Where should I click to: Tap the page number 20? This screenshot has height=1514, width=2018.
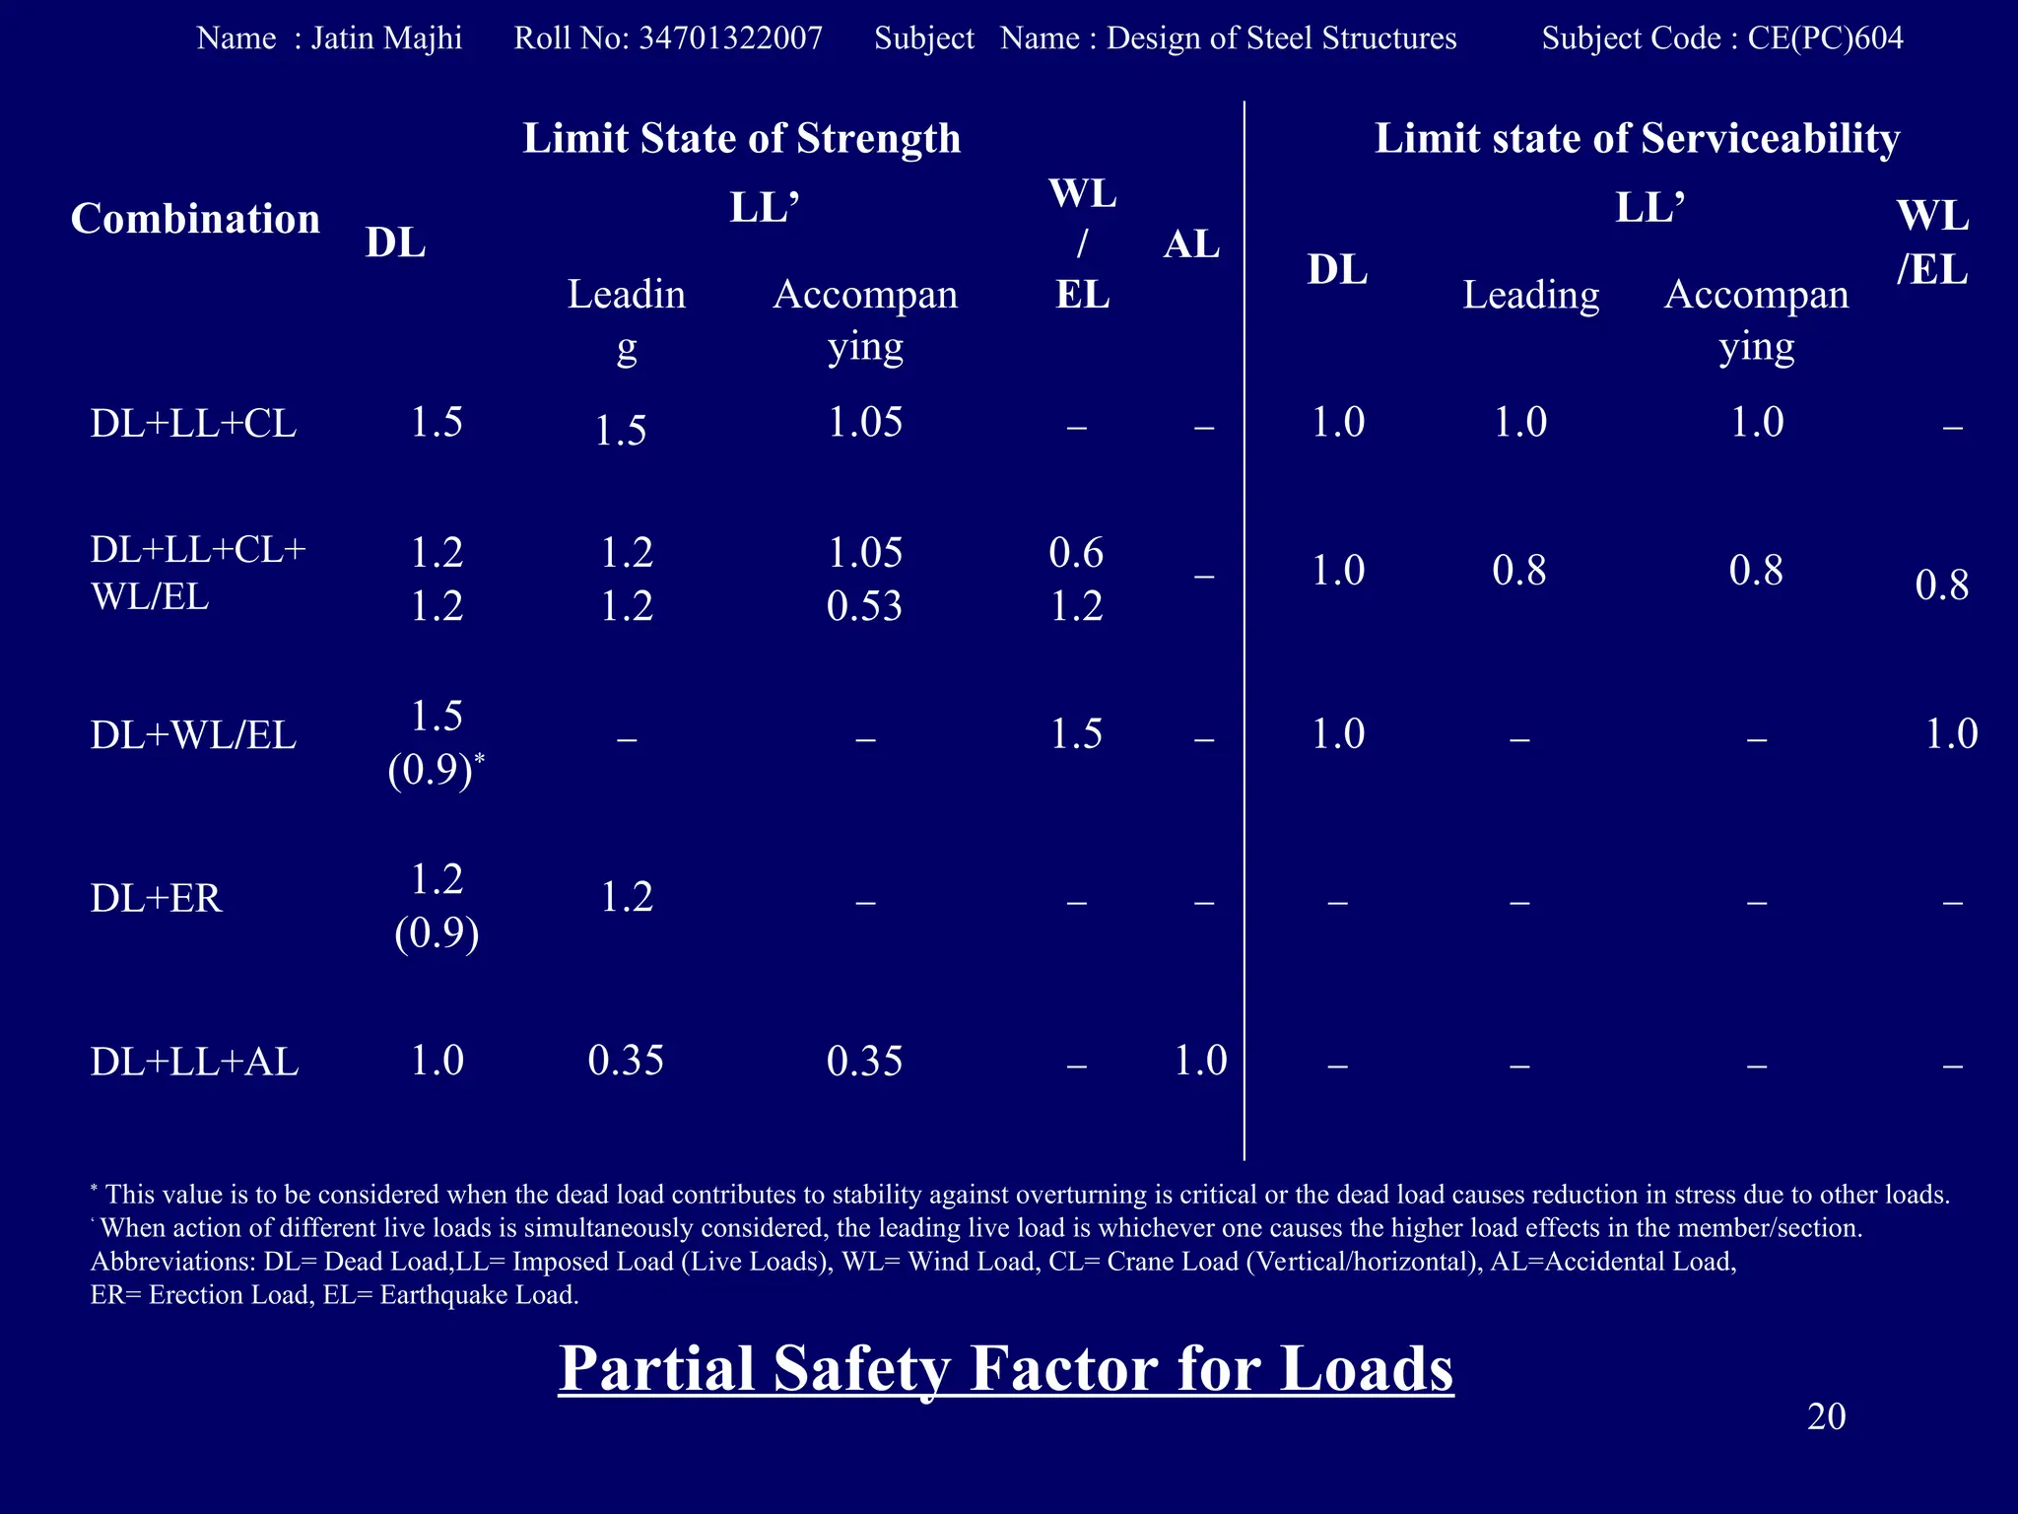point(1826,1416)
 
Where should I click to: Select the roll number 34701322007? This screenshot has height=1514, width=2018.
point(730,38)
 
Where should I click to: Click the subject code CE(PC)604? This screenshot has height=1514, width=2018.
point(1825,38)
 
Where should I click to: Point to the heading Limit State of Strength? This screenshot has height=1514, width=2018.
point(741,138)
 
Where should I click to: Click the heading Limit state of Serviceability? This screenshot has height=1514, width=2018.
point(1637,138)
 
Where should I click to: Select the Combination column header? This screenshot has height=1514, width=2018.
point(195,219)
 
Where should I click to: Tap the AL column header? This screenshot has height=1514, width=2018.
point(1191,243)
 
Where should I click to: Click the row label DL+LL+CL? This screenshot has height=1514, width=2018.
point(193,424)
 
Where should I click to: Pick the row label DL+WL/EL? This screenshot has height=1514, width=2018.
point(193,735)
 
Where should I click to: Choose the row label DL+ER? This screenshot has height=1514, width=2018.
point(156,898)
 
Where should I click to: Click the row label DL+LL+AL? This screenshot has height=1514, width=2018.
point(194,1062)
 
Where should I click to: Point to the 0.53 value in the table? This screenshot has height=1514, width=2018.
point(864,606)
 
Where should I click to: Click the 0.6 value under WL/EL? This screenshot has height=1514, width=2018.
point(1076,553)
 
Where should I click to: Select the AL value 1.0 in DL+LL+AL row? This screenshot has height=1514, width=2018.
point(1200,1061)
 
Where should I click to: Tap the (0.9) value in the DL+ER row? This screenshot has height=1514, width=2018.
point(437,932)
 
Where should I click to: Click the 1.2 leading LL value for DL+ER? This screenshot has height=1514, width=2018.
point(627,897)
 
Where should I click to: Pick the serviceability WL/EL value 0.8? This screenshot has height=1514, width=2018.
point(1941,585)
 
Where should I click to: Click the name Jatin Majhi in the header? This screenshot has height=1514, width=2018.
point(386,38)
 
